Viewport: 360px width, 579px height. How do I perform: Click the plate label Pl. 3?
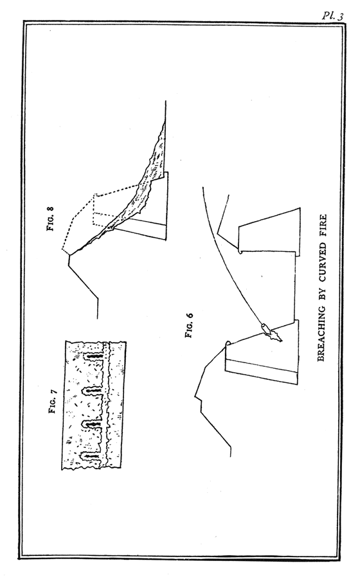click(332, 16)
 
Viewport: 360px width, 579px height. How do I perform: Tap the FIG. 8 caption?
click(51, 218)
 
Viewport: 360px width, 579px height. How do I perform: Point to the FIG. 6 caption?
click(189, 325)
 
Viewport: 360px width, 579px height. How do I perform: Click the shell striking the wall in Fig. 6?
click(265, 327)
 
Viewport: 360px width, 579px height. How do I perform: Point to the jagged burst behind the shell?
click(275, 335)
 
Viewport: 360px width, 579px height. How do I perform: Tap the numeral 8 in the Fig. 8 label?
click(51, 208)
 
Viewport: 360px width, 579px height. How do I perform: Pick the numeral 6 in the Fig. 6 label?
click(189, 315)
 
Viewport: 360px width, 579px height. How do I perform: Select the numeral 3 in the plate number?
click(341, 16)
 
